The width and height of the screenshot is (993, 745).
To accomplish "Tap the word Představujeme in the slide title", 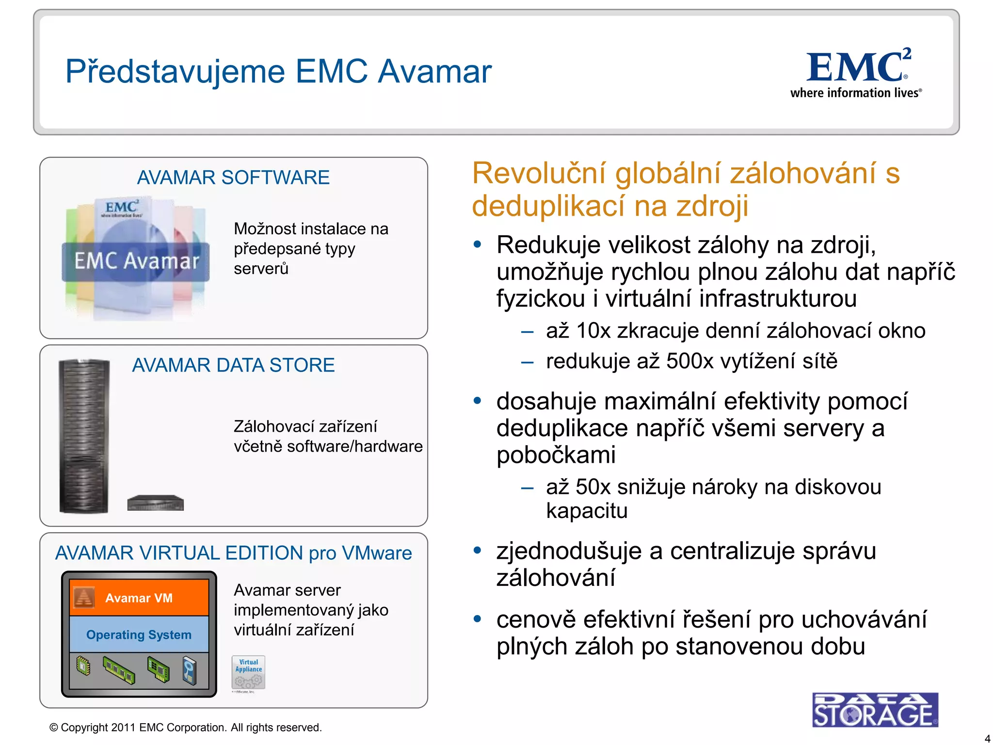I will [x=175, y=72].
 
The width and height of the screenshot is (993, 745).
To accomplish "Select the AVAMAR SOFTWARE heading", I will [x=233, y=178].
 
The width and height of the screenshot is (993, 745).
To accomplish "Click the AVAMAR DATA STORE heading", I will [x=233, y=365].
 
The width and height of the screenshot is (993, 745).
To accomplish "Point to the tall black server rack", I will [x=84, y=436].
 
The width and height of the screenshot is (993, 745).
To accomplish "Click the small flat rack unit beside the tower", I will [x=155, y=503].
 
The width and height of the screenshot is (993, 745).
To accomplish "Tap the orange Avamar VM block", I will [x=139, y=598].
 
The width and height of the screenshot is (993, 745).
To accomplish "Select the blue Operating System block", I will [x=139, y=634].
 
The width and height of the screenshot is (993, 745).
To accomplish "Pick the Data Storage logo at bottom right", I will [x=875, y=710].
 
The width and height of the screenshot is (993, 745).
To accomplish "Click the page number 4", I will [x=987, y=739].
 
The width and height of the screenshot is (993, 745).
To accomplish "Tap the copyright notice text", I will [x=186, y=728].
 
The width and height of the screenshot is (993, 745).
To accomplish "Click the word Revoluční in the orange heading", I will [x=539, y=173].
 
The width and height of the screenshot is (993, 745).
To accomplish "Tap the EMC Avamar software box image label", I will [x=136, y=261].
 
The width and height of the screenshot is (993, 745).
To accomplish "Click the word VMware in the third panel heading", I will [x=377, y=553].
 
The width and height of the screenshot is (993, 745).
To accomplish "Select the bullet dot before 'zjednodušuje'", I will [x=478, y=551].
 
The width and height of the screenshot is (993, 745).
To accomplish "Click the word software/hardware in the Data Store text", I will [x=355, y=446].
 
